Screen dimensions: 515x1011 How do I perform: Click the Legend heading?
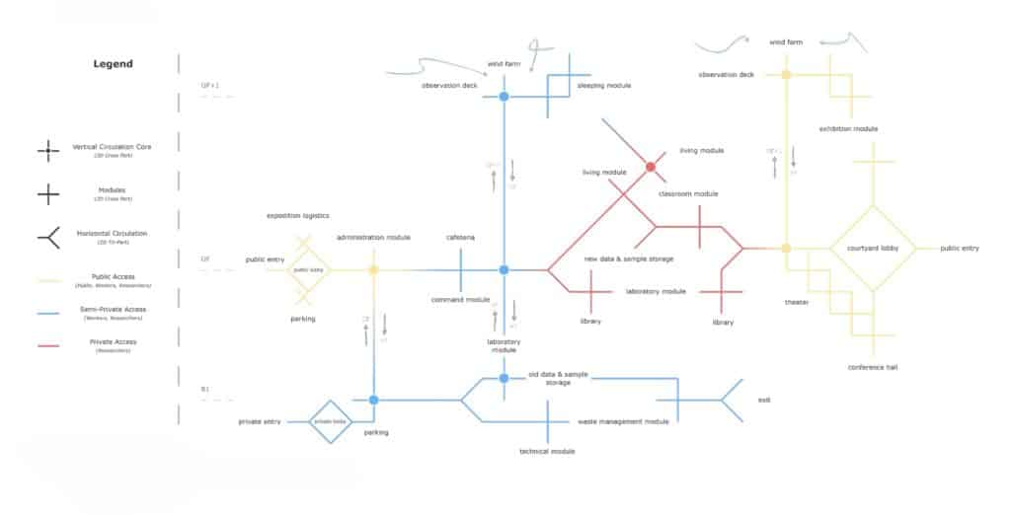pos(114,64)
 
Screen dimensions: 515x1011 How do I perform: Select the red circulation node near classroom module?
pos(651,167)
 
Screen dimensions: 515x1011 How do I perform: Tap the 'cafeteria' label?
pos(460,238)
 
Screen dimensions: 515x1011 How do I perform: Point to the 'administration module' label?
pos(373,238)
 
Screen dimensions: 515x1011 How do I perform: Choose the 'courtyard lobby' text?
pos(872,249)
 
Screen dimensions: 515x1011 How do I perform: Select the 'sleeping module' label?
pos(604,86)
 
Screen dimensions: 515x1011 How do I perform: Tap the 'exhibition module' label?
pos(849,129)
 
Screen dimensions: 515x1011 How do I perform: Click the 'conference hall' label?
pos(872,367)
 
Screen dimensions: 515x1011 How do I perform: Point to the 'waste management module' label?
pos(623,421)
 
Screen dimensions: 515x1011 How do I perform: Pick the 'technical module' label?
pos(547,451)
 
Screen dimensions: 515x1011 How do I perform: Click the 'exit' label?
pos(764,400)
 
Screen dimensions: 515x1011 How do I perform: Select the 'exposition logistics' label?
pos(298,215)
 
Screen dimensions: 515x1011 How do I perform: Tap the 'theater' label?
pos(798,302)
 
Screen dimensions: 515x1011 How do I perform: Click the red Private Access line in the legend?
pos(48,346)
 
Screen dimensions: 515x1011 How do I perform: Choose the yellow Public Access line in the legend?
pos(48,279)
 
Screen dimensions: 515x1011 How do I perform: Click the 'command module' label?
pos(461,299)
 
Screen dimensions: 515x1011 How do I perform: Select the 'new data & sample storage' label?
pos(629,258)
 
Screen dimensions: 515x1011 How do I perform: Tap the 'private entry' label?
pos(261,421)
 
